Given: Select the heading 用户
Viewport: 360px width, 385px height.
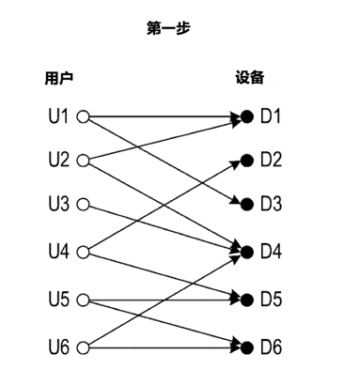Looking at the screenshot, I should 58,77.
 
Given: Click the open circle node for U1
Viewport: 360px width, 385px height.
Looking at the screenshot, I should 82,117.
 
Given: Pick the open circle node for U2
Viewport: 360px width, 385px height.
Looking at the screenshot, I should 82,160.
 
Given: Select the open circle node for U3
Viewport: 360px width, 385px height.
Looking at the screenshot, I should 82,204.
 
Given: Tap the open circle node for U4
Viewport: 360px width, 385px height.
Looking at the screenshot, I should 82,251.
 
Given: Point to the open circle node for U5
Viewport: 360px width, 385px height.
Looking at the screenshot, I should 82,300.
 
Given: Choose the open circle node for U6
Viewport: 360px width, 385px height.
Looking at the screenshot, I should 82,348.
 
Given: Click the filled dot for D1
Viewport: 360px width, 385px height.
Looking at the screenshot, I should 247,117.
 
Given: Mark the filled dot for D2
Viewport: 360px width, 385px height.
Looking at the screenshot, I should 247,160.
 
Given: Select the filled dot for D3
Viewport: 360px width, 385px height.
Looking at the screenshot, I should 247,204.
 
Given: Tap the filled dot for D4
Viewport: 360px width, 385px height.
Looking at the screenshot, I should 247,251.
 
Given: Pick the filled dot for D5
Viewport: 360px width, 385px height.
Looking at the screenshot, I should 247,300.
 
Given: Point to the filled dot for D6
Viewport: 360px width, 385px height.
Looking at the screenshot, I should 247,348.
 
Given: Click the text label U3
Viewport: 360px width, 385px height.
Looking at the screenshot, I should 57,204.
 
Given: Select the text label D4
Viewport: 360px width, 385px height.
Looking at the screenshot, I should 271,251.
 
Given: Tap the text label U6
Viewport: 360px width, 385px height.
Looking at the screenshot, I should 57,348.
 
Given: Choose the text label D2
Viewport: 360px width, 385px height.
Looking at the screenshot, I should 271,160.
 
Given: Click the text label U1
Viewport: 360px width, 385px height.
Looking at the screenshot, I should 57,117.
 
